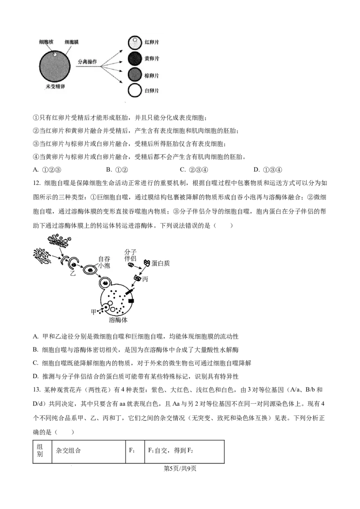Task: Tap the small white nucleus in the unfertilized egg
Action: coord(55,54)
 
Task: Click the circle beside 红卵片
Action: coord(135,43)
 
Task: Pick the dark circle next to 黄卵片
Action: coord(135,58)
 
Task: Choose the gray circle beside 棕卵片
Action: coord(135,74)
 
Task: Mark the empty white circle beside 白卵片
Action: coord(135,90)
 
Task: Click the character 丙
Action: coord(145,279)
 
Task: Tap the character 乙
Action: coord(72,273)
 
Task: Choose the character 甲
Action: coord(94,312)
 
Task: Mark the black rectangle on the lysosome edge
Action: coord(131,300)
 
